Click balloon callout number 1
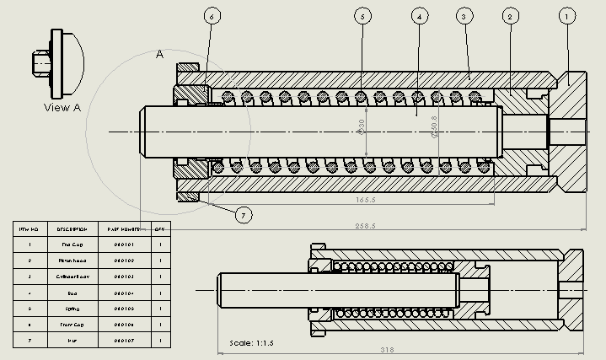tap(567, 16)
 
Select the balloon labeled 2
tap(509, 16)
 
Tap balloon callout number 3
tap(463, 16)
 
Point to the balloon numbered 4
tap(418, 16)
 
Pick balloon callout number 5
tap(362, 16)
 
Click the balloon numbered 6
tap(212, 16)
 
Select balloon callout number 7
tap(243, 215)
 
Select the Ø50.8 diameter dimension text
tap(434, 127)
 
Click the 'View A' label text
tap(62, 107)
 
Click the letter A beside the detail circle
tap(159, 54)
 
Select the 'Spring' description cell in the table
tap(72, 309)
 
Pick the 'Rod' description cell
tap(72, 293)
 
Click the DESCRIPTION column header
tap(72, 228)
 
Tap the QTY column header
tap(159, 228)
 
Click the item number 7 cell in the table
tap(29, 341)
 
